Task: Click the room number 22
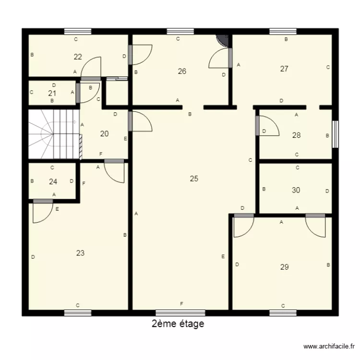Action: (78, 57)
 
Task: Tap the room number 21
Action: (52, 93)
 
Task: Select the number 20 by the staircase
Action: (104, 134)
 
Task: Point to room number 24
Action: (53, 182)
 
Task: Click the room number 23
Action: (80, 253)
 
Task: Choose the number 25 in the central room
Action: (194, 179)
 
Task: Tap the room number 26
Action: (182, 72)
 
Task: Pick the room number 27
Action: (284, 69)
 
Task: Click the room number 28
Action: (297, 135)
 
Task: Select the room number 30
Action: (296, 190)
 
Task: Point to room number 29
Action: (284, 267)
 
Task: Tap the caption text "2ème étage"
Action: (178, 324)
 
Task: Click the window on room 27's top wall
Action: (283, 32)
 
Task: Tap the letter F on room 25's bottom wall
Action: (181, 304)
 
